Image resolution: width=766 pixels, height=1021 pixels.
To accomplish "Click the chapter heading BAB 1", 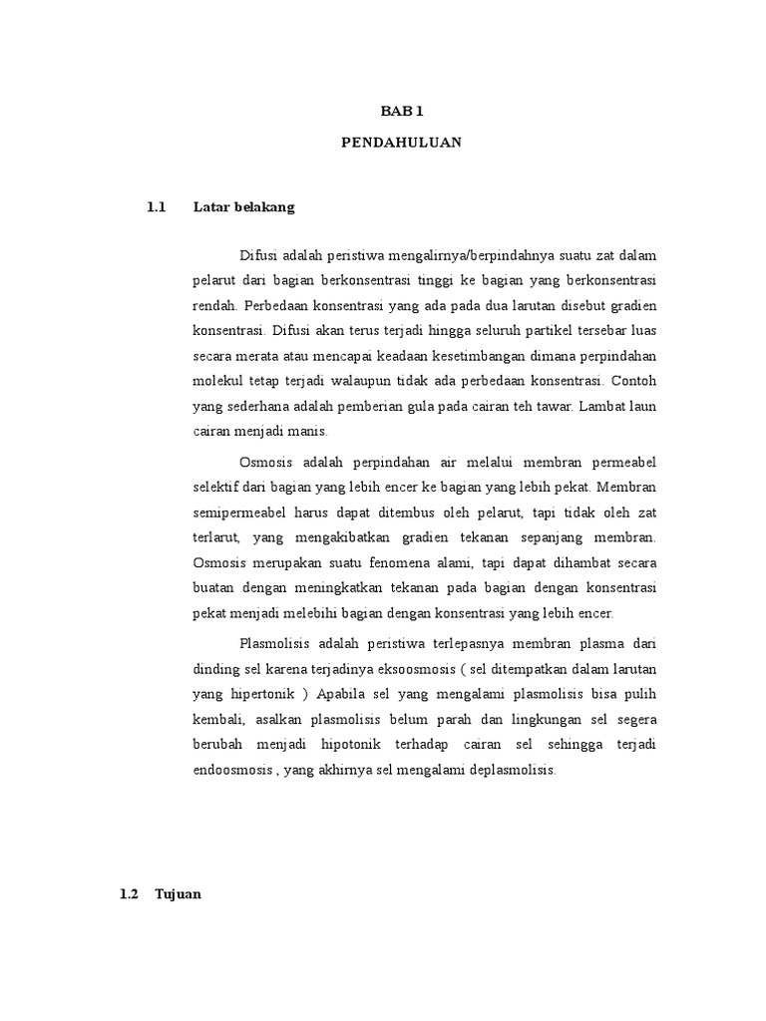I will coord(401,113).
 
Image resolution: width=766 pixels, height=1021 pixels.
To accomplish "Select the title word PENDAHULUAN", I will coord(401,143).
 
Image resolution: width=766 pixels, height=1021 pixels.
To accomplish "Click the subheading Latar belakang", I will coord(244,208).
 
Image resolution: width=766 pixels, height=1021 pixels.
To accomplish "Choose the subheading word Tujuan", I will coord(179,866).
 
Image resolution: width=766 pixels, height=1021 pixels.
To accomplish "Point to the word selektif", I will coord(214,489).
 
